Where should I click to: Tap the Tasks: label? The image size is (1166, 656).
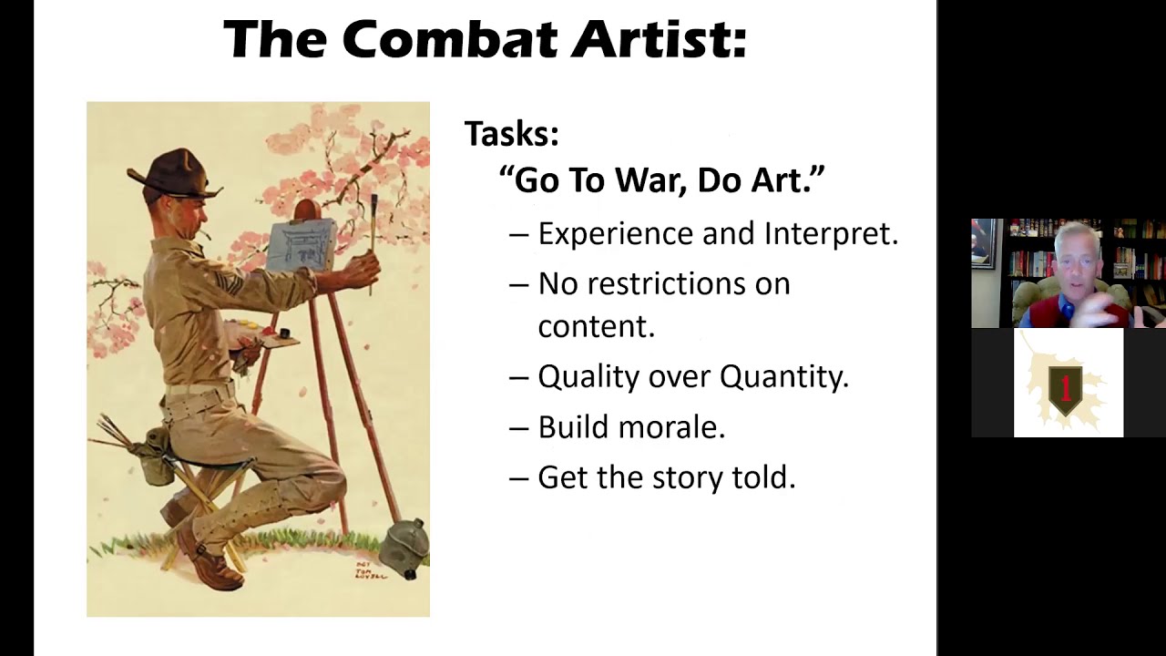511,134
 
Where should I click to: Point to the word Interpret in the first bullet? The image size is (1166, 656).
831,234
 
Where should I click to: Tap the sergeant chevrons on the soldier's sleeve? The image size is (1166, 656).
230,283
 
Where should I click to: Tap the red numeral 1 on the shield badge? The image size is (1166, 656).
1065,385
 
